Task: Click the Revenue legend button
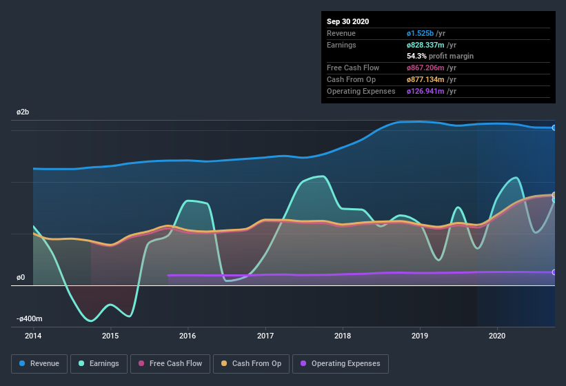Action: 39,363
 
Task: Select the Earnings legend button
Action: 99,363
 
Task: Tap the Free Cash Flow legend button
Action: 170,363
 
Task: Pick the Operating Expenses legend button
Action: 340,363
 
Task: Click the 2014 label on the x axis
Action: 33,336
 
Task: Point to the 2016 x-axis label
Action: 188,336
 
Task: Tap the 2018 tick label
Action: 343,336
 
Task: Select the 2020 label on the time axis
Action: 497,336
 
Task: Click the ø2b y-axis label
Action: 23,112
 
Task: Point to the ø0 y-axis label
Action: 21,278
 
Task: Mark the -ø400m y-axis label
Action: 30,319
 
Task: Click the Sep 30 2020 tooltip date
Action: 347,21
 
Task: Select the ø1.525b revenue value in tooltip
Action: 420,33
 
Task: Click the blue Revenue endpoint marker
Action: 554,128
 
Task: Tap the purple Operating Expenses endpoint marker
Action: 554,272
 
